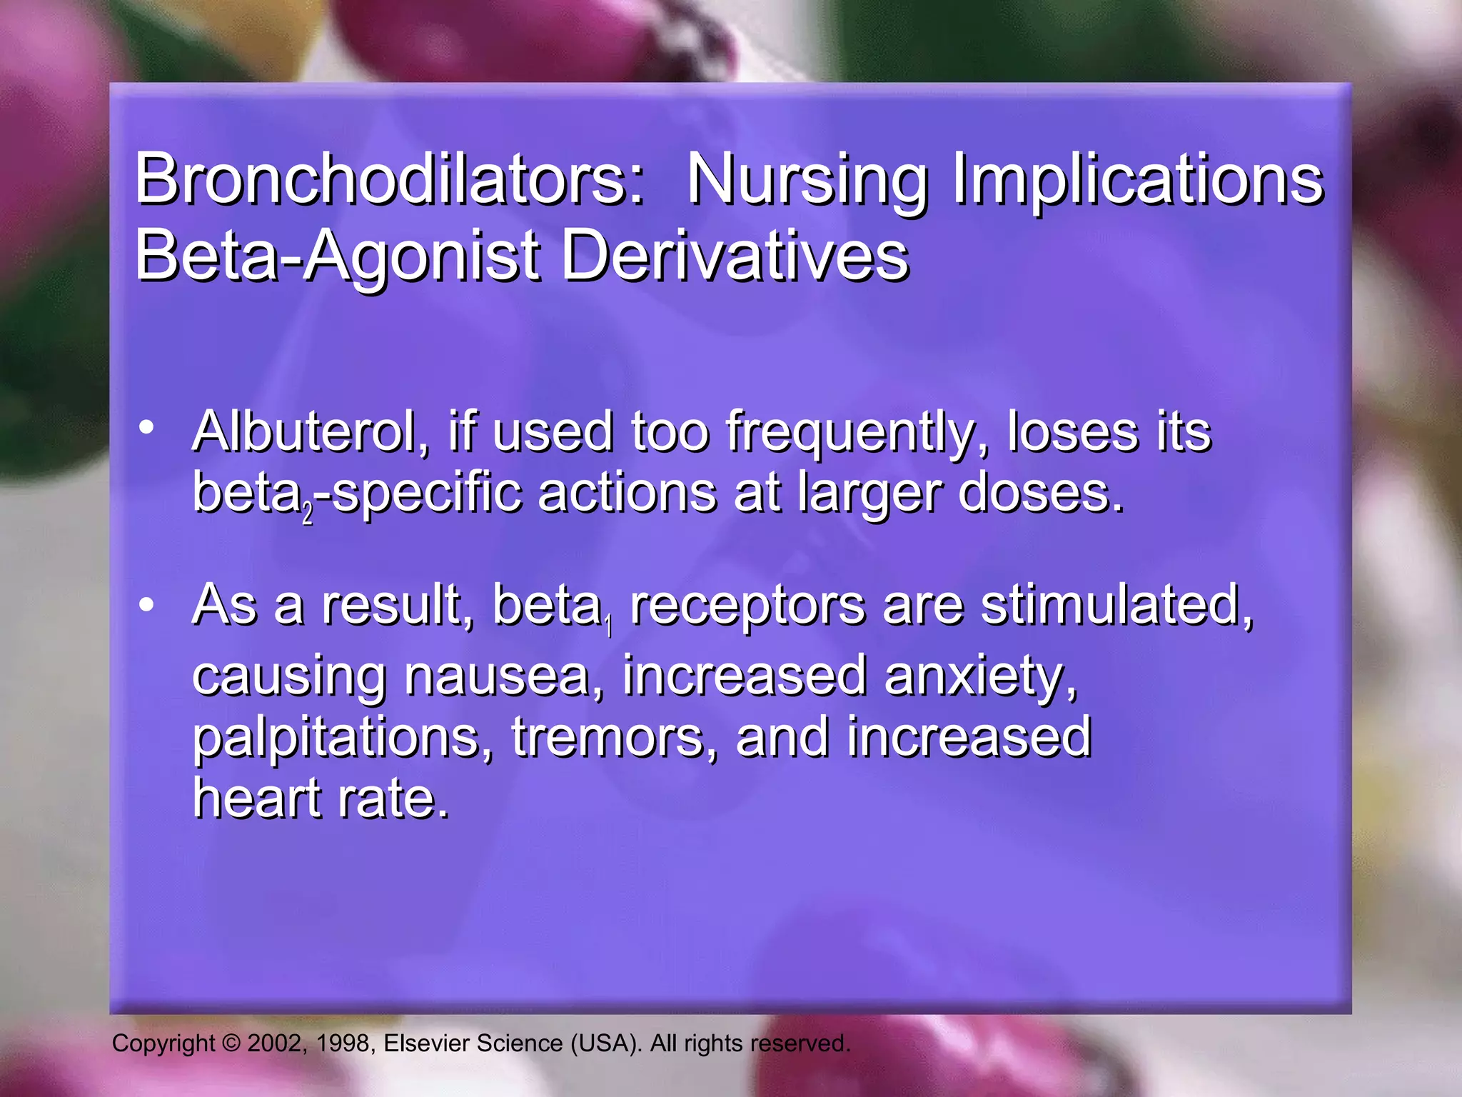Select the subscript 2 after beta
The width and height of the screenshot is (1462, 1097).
[x=308, y=515]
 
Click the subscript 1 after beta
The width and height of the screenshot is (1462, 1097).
[x=609, y=626]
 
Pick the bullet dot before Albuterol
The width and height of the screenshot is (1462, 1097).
[x=147, y=428]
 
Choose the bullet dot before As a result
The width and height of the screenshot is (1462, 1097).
[x=147, y=605]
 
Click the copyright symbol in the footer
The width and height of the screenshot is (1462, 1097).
[x=231, y=1043]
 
